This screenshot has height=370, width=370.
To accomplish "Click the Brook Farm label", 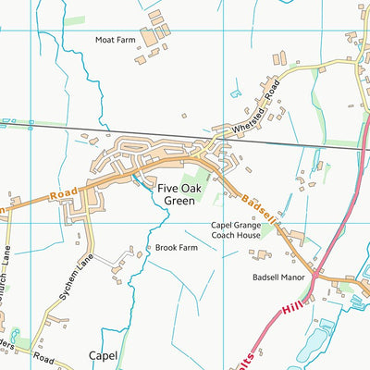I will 177,248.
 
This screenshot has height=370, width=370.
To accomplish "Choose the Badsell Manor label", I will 277,277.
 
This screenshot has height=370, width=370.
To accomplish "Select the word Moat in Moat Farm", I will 105,40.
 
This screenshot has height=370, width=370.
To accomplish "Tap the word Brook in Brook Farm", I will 165,248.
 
